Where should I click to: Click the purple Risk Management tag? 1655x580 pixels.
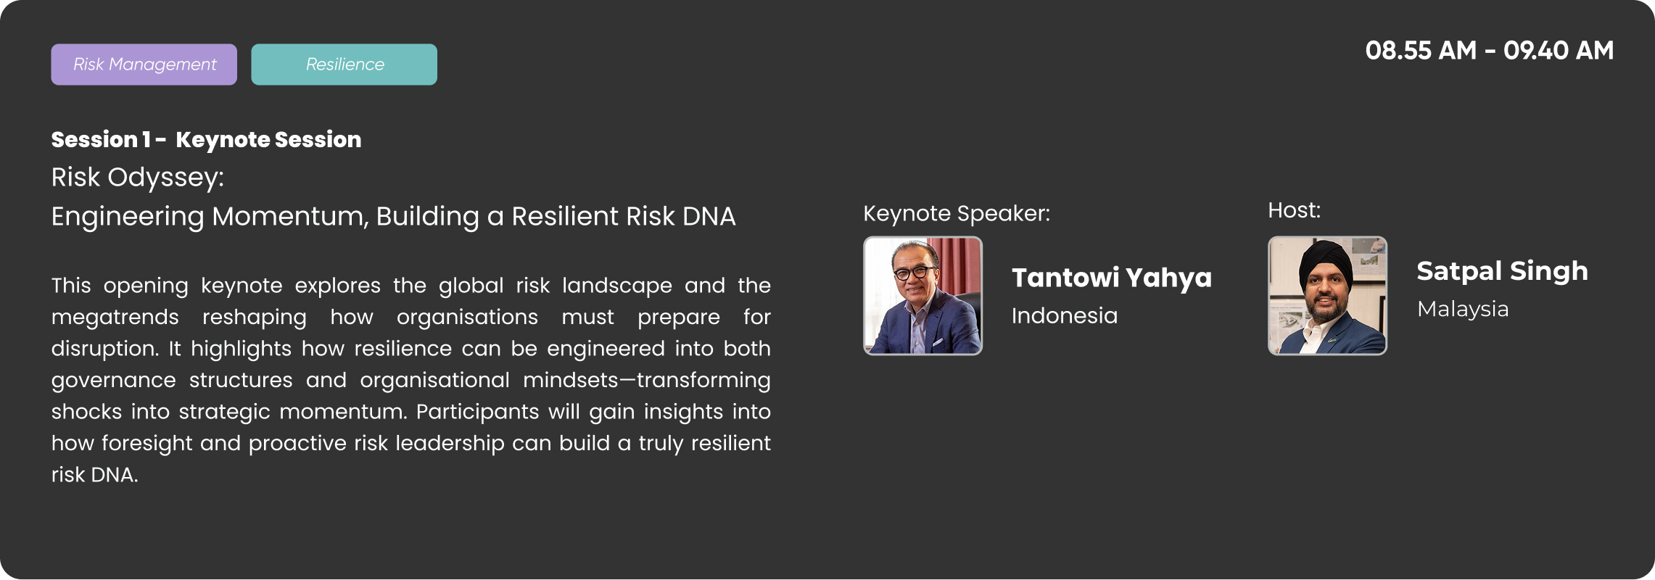pos(144,65)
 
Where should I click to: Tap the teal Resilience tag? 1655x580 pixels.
pos(344,65)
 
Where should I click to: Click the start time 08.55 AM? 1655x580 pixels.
pos(1421,51)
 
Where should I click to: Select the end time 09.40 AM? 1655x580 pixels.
pos(1559,51)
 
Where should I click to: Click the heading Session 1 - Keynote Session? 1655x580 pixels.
pos(206,139)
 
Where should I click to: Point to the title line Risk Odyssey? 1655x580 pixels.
pos(138,178)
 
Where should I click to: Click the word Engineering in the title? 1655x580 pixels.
pos(128,217)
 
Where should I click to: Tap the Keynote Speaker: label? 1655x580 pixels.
pos(957,214)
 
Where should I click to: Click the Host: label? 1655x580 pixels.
pos(1295,210)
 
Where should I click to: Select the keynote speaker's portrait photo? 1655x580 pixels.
pos(923,296)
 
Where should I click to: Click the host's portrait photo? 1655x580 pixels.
pos(1327,296)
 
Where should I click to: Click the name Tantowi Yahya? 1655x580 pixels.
pos(1112,278)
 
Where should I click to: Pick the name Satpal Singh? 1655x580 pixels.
pos(1502,272)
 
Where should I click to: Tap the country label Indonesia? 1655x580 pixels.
pos(1065,316)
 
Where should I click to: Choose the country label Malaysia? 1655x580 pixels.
pos(1463,310)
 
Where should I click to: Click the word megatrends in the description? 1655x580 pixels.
pos(115,318)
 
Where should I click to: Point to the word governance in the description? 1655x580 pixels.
pos(113,381)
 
